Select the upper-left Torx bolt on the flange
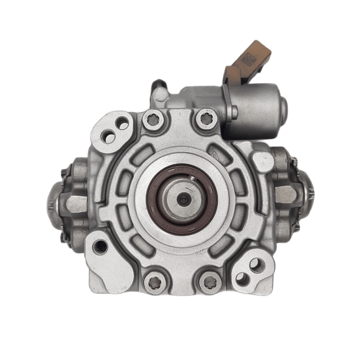tap(151, 121)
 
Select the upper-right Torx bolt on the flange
tap(206, 121)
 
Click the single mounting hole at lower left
tap(101, 247)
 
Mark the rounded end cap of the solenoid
tap(282, 108)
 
